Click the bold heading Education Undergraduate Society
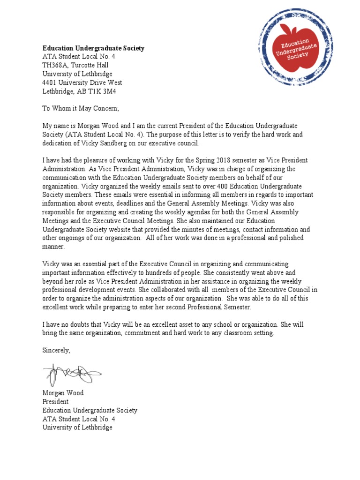pyautogui.click(x=93, y=48)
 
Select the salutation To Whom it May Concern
pyautogui.click(x=81, y=108)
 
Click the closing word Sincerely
pyautogui.click(x=56, y=350)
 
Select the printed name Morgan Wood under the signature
pyautogui.click(x=63, y=393)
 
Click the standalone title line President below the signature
pyautogui.click(x=55, y=402)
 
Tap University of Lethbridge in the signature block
pyautogui.click(x=77, y=427)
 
